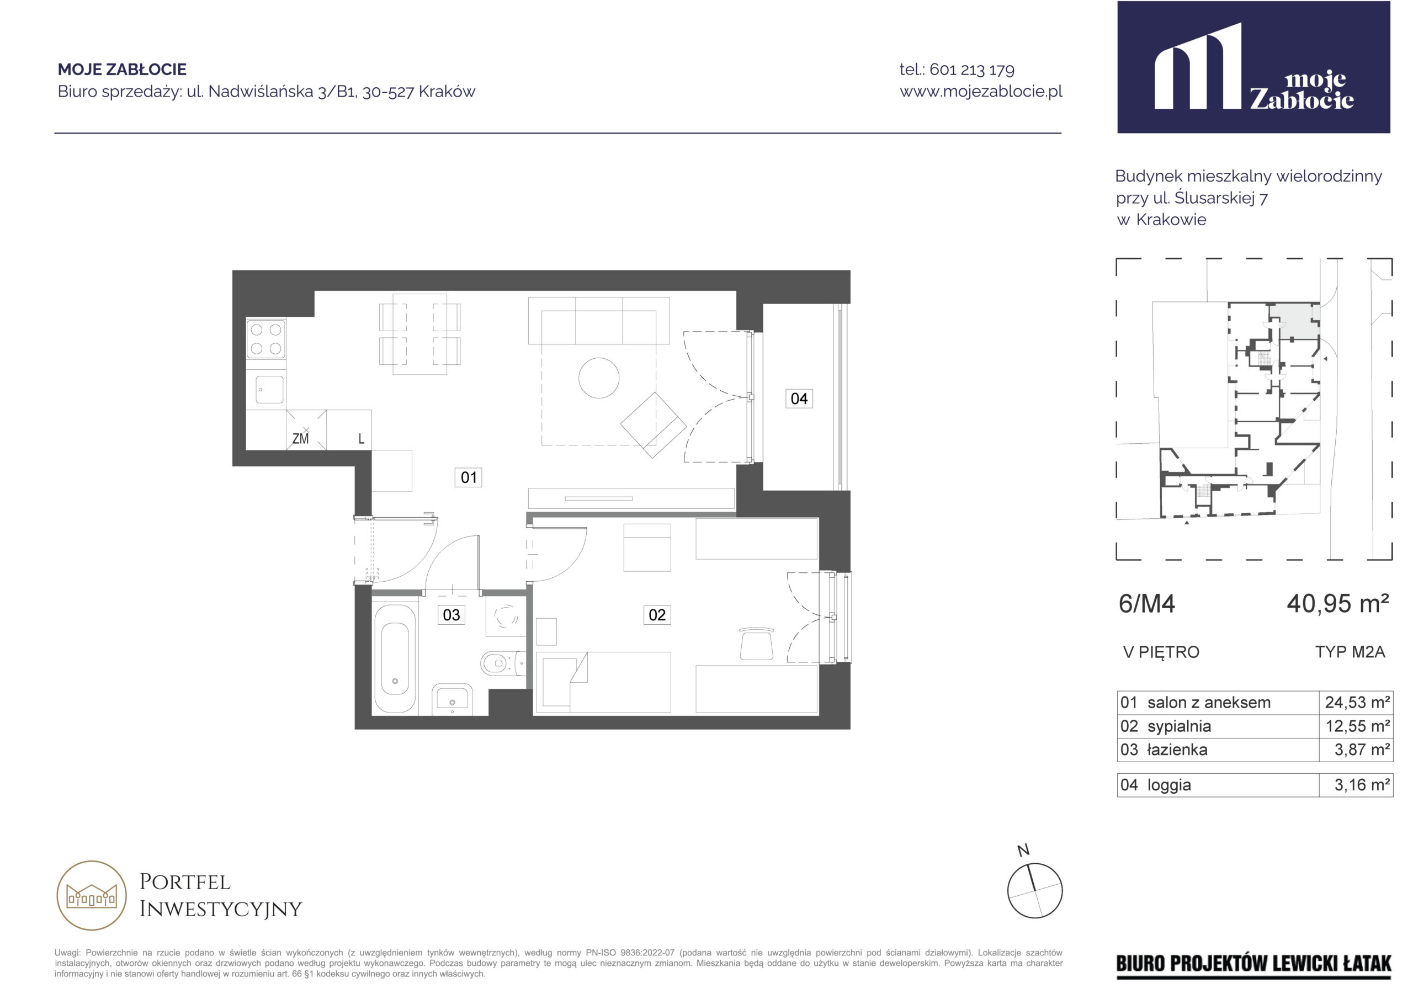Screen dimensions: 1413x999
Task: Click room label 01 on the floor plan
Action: pyautogui.click(x=469, y=477)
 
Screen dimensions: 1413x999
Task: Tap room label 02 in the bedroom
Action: pyautogui.click(x=657, y=615)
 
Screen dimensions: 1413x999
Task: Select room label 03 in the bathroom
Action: pyautogui.click(x=451, y=615)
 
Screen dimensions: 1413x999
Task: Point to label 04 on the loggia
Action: pyautogui.click(x=799, y=399)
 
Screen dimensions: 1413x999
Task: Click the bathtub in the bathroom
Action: pyautogui.click(x=395, y=659)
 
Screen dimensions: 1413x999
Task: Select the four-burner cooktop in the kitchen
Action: pyautogui.click(x=266, y=339)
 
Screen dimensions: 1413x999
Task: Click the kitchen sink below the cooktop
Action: pyautogui.click(x=269, y=390)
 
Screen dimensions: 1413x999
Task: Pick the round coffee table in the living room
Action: pyautogui.click(x=599, y=378)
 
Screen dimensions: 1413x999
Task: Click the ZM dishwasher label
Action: pyautogui.click(x=300, y=439)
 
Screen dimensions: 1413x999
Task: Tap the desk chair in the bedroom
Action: pyautogui.click(x=756, y=643)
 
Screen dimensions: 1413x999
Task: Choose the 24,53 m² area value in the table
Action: pyautogui.click(x=1358, y=702)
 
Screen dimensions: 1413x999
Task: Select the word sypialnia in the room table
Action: pyautogui.click(x=1179, y=726)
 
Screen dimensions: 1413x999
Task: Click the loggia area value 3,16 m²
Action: pyautogui.click(x=1362, y=785)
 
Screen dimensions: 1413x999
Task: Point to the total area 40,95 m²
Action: pyautogui.click(x=1337, y=604)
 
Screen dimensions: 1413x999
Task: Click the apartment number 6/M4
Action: pyautogui.click(x=1146, y=604)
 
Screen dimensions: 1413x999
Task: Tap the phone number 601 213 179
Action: pyautogui.click(x=972, y=70)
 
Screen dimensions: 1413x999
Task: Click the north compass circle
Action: pyautogui.click(x=1034, y=891)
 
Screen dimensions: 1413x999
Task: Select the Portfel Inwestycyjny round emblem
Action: pyautogui.click(x=92, y=896)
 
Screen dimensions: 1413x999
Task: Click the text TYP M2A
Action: pyautogui.click(x=1350, y=652)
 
